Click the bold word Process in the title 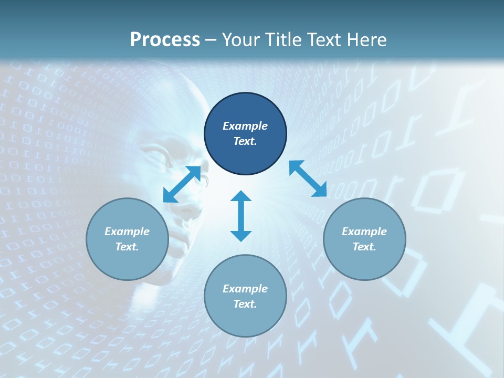pos(165,40)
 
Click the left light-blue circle pos(127,239)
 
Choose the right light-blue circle pos(364,239)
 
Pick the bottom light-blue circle pos(245,296)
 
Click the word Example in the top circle pos(245,126)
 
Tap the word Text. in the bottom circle pos(245,304)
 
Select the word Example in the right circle pos(364,232)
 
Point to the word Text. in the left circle pos(127,247)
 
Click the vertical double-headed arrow pos(241,216)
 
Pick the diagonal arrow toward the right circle pos(308,179)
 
